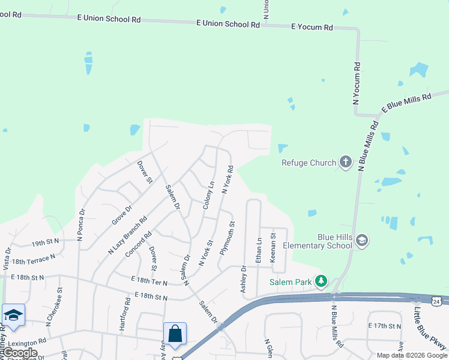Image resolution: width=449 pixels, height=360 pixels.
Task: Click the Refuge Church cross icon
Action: pos(345,162)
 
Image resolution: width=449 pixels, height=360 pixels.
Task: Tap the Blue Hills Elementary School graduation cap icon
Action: pos(361,241)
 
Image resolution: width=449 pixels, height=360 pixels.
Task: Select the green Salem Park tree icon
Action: pos(322,281)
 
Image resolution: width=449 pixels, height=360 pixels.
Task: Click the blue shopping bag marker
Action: pos(175,334)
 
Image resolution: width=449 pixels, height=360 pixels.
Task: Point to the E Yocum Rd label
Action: pos(312,28)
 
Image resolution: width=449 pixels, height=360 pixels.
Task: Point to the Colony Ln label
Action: pos(208,195)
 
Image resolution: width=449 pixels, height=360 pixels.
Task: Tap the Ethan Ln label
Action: pos(259,250)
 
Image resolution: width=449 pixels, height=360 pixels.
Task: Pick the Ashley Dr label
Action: pos(244,280)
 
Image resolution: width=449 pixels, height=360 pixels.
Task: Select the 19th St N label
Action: pos(46,241)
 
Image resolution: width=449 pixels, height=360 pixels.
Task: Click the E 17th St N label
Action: pos(384,326)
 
